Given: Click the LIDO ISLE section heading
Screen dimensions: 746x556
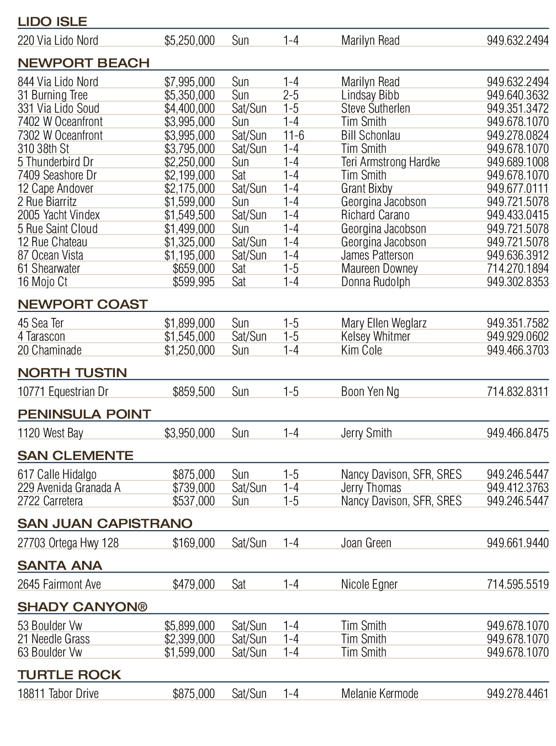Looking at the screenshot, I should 52,22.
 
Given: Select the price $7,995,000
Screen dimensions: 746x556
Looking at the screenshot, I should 189,82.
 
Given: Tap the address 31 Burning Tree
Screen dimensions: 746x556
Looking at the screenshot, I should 52,95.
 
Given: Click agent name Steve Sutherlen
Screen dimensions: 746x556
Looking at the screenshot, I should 375,108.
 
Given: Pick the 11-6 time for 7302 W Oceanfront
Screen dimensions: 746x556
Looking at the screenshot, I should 293,135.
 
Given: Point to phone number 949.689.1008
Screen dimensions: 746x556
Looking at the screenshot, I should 517,162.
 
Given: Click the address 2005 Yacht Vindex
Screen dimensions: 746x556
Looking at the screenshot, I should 59,215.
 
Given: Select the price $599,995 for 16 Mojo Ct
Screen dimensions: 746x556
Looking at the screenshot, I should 193,282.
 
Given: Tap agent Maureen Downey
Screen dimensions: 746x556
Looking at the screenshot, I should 379,268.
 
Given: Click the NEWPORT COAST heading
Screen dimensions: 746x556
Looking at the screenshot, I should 83,304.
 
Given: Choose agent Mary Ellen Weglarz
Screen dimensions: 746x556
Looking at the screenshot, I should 384,323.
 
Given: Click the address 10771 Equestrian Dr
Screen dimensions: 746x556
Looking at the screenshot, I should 63,391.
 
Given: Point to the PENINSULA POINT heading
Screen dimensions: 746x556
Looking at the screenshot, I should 84,414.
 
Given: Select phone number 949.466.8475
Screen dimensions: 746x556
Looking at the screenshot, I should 517,433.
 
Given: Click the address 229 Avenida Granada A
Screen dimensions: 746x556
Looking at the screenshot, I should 69,488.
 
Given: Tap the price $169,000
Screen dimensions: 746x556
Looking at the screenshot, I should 193,543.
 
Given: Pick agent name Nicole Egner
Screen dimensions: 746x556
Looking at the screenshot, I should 369,584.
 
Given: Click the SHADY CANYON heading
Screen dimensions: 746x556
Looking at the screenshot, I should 82,607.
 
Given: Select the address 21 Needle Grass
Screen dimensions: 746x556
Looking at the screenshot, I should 54,639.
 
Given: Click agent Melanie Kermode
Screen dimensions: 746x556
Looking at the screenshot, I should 379,694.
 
